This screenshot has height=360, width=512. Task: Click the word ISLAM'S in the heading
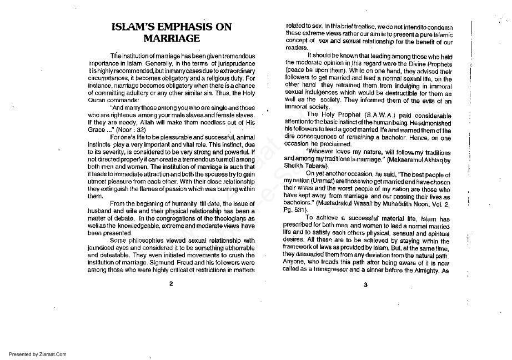tap(128, 27)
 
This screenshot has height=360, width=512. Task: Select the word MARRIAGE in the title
tap(171, 39)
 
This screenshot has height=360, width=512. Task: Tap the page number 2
tap(171, 284)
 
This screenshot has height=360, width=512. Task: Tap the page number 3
tap(366, 285)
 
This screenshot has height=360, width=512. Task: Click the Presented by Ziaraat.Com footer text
tap(38, 354)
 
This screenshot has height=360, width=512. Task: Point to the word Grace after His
tap(97, 129)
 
